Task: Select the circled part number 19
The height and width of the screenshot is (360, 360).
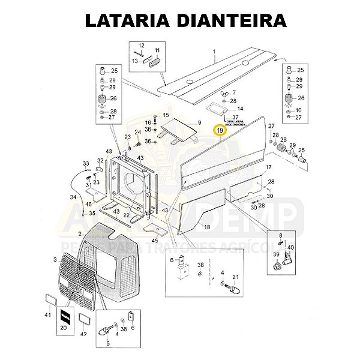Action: [x=220, y=130]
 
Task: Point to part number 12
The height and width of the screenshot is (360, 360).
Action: [x=142, y=46]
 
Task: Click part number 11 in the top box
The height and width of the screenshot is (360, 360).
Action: [x=158, y=50]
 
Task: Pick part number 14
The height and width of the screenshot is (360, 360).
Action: [x=241, y=108]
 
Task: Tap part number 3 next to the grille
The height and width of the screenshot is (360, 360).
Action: [x=55, y=259]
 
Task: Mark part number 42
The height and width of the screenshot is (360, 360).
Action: [x=85, y=334]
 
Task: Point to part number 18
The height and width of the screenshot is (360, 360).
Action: [x=207, y=227]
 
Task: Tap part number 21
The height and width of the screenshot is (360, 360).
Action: [x=235, y=277]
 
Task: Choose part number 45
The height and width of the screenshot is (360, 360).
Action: [x=155, y=241]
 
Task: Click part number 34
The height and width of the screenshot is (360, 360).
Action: [x=73, y=197]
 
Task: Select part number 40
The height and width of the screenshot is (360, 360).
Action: [x=290, y=247]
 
